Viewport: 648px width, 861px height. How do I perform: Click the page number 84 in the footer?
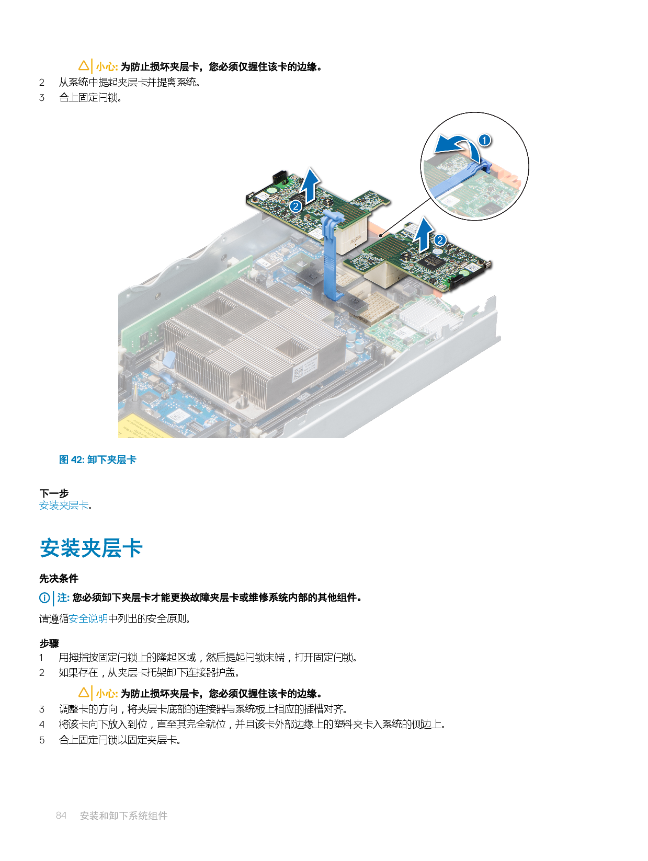click(x=61, y=816)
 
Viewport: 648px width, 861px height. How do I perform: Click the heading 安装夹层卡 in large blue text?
click(x=91, y=548)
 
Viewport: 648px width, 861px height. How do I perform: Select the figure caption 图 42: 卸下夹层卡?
click(x=98, y=460)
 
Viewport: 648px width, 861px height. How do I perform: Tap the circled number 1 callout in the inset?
click(x=485, y=140)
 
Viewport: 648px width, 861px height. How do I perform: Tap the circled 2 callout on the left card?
click(x=295, y=206)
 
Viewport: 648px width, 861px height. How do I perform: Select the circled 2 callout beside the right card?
click(x=440, y=240)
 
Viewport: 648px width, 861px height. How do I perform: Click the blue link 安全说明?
click(x=88, y=619)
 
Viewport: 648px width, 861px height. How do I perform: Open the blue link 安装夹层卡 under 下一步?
click(x=64, y=506)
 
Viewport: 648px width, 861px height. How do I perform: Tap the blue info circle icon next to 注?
click(x=45, y=598)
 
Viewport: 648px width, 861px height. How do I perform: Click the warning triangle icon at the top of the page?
click(x=84, y=66)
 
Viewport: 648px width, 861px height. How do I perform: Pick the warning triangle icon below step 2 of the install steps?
click(x=84, y=693)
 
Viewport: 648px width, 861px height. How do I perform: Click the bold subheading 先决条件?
click(x=59, y=578)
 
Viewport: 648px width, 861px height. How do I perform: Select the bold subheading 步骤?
click(x=49, y=644)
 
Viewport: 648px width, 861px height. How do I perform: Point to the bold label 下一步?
click(x=54, y=493)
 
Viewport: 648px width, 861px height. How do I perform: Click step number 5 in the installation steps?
click(x=42, y=740)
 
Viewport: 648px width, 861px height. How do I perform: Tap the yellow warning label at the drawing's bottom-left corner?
click(x=137, y=427)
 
